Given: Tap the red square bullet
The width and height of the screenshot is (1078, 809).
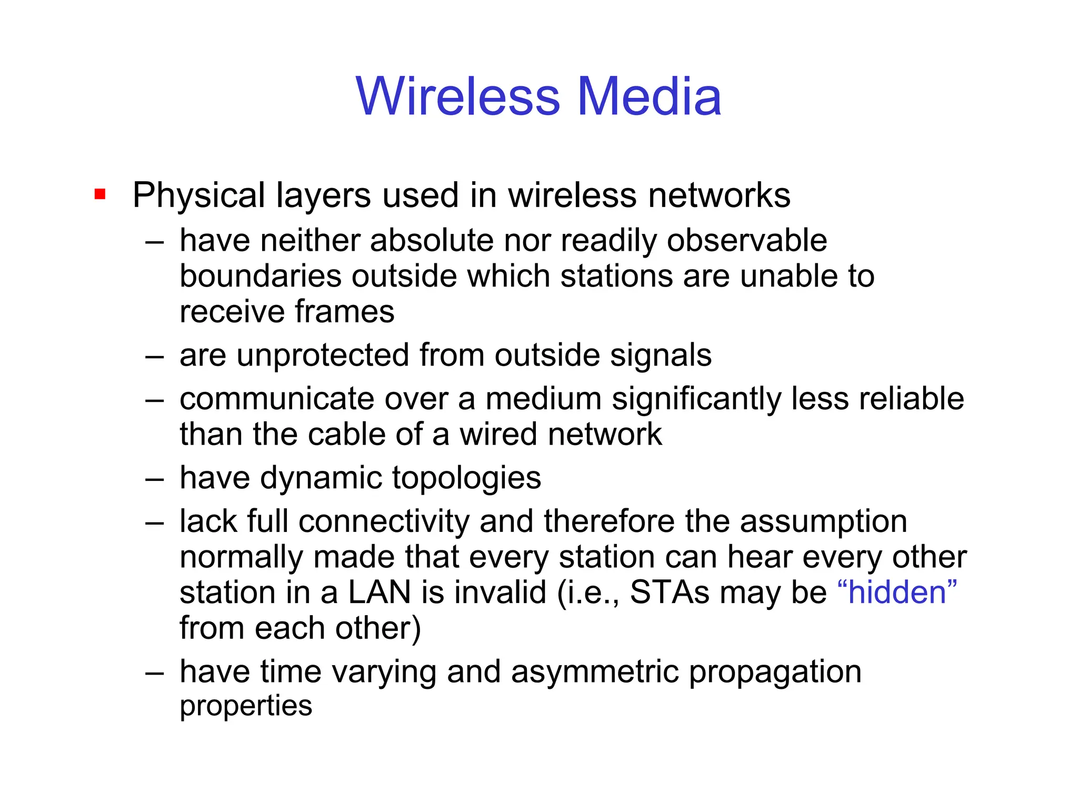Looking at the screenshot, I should [x=100, y=194].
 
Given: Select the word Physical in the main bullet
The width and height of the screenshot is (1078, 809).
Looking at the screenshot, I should [x=198, y=195].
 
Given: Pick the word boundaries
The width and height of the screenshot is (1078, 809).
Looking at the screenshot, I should [x=261, y=276].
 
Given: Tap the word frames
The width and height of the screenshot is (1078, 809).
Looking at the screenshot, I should [x=344, y=311].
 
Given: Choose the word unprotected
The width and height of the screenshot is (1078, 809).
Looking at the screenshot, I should [x=323, y=355].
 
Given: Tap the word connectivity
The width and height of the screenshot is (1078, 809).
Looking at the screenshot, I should [x=384, y=521].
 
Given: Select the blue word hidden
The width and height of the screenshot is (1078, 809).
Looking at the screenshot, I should [x=897, y=592].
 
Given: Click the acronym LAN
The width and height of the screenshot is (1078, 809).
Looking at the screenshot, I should [x=379, y=592].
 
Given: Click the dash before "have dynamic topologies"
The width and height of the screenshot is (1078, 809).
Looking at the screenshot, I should [x=155, y=478].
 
